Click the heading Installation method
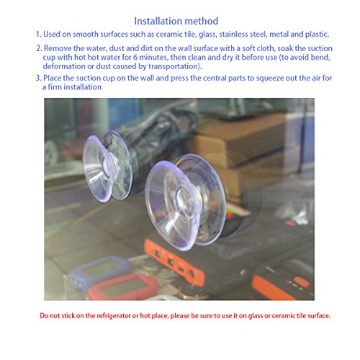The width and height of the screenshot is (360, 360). pos(176,21)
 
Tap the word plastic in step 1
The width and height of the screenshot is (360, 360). pos(317,35)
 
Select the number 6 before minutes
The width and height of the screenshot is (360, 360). pos(135,58)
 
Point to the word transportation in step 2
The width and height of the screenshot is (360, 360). pos(174,66)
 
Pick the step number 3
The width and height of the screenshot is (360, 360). pos(39,78)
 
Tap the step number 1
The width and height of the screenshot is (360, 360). pos(39,34)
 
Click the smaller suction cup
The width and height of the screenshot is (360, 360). pos(107,167)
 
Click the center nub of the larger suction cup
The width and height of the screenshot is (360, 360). pos(183,197)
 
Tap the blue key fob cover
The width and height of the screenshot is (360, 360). pos(101,271)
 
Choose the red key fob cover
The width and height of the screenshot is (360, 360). pos(122,287)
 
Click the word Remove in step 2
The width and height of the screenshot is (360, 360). pos(58,48)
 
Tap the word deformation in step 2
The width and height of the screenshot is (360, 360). pos(64,66)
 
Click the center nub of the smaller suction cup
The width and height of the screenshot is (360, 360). pos(106,166)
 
